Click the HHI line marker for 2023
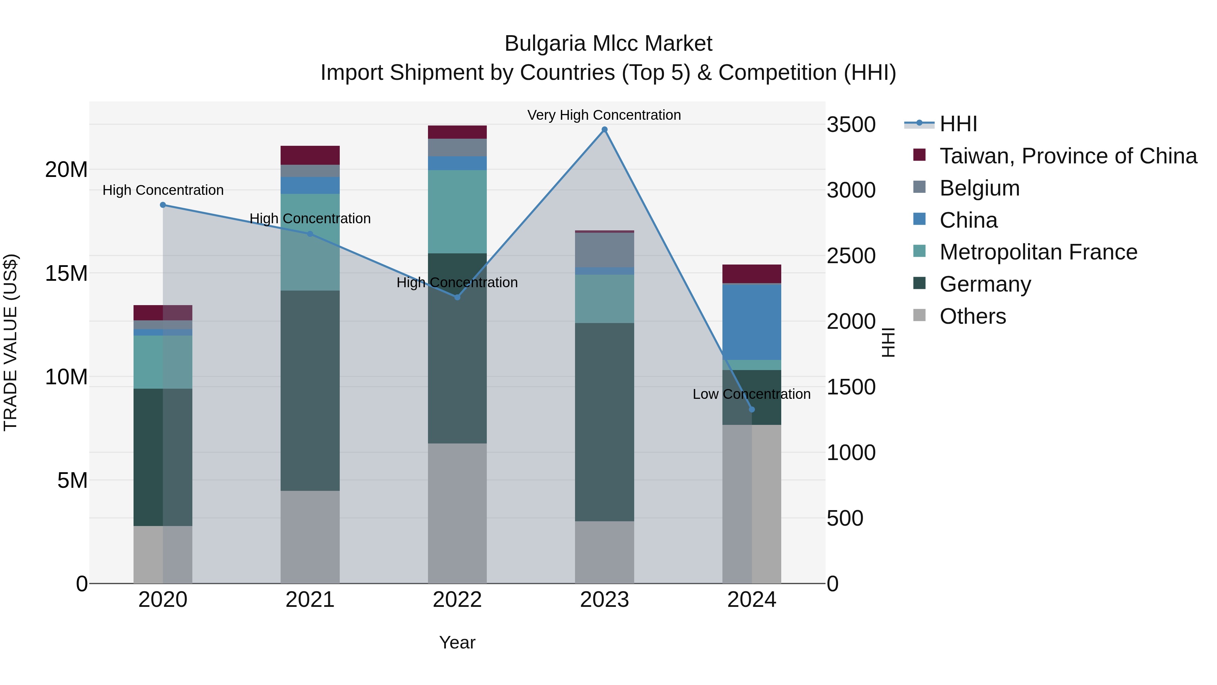(x=604, y=130)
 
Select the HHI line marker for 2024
(x=751, y=409)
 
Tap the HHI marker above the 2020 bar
(x=163, y=205)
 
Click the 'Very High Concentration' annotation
(x=604, y=115)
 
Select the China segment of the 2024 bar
(x=751, y=322)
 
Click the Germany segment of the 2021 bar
(x=310, y=390)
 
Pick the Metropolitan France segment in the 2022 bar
(x=457, y=211)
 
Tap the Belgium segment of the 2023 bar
(x=604, y=250)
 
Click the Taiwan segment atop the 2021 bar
(x=310, y=155)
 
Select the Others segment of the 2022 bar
(x=457, y=513)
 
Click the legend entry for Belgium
(x=979, y=188)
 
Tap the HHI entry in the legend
(x=958, y=124)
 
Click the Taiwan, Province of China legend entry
(x=1068, y=156)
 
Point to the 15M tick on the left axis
(x=66, y=273)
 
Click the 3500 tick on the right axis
(x=851, y=125)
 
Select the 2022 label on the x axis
(x=457, y=600)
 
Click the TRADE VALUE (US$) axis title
(x=10, y=342)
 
